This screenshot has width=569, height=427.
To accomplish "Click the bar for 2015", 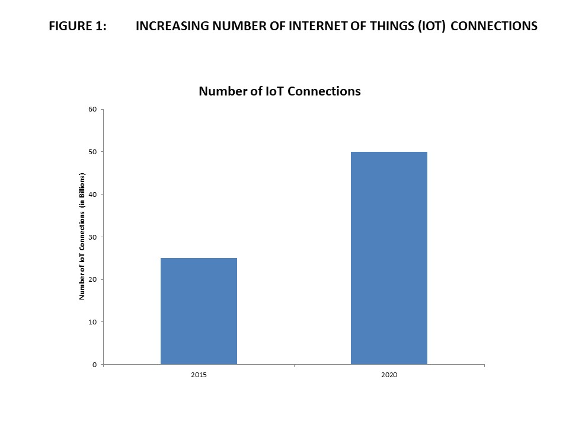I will coord(199,311).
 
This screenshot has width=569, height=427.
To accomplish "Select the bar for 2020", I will coord(389,258).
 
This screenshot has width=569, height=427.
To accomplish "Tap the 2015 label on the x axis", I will coord(199,376).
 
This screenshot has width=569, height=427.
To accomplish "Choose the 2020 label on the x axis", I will coord(389,376).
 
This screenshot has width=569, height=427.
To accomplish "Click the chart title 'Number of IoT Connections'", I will coord(280,91).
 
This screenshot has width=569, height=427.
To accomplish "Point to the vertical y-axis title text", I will coord(83,236).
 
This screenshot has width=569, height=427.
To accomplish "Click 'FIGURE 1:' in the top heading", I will coord(78,27).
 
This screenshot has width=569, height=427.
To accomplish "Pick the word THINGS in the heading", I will coord(382,27).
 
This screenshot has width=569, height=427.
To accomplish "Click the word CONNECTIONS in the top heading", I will coord(494,27).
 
